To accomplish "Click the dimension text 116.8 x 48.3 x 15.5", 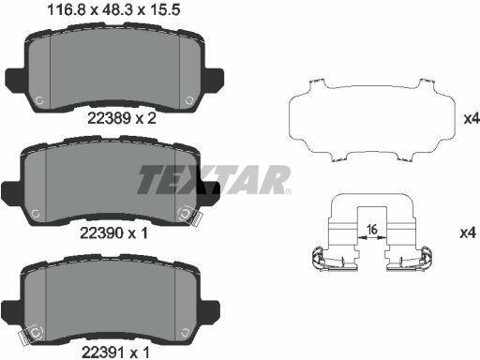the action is pyautogui.click(x=113, y=10).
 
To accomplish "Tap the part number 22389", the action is pyautogui.click(x=109, y=118).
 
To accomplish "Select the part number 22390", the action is pyautogui.click(x=101, y=232).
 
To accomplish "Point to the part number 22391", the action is pyautogui.click(x=103, y=352).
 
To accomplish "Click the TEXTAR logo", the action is pyautogui.click(x=214, y=180).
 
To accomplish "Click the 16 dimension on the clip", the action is pyautogui.click(x=372, y=230).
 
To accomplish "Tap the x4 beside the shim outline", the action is pyautogui.click(x=472, y=118).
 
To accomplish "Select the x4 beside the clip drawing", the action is pyautogui.click(x=468, y=232).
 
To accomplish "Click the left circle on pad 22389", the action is pyautogui.click(x=39, y=100).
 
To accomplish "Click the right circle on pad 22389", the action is pyautogui.click(x=189, y=100).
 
